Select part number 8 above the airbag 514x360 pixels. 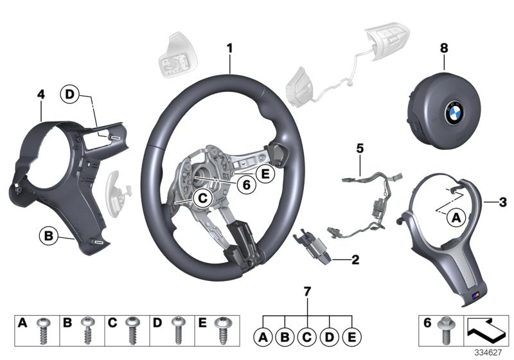pos(444,47)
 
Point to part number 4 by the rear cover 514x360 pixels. pos(41,94)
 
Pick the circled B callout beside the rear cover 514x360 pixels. pos(48,237)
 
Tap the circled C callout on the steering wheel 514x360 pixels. pos(201,199)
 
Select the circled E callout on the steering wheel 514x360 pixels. pos(264,174)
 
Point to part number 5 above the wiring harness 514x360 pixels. pos(360,148)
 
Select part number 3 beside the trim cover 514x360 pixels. pos(503,203)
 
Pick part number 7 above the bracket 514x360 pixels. pos(307,292)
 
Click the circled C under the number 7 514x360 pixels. pos(307,335)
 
